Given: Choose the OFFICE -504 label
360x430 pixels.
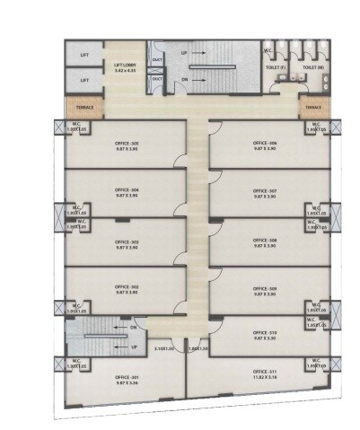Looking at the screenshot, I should point(127,191).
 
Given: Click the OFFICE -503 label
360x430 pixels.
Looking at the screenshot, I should point(127,241).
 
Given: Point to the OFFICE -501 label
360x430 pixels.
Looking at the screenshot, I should point(127,375).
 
